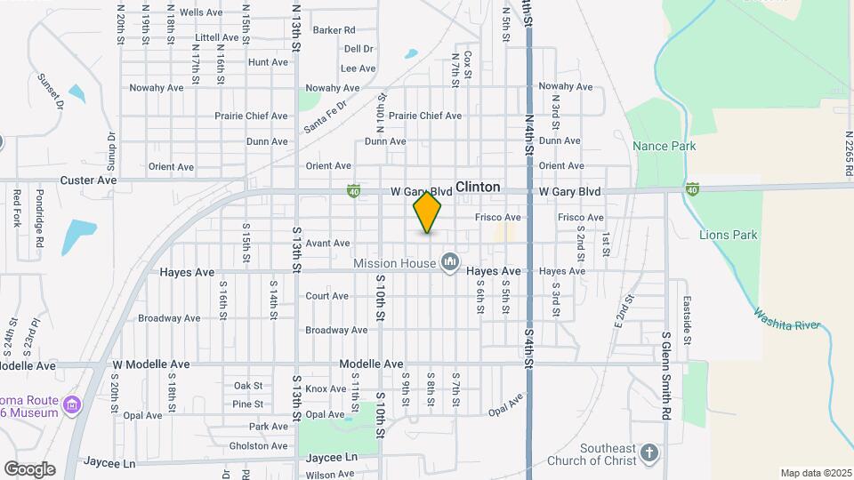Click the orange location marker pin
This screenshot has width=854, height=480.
tap(427, 212)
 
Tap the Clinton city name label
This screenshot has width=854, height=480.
tap(478, 188)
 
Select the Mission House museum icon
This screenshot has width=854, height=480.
tap(450, 262)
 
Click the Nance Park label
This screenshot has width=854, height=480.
tap(664, 146)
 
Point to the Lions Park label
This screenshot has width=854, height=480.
tap(728, 236)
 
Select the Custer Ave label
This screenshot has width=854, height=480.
tap(89, 180)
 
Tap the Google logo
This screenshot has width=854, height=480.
tap(29, 469)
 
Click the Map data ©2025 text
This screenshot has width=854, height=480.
tap(815, 473)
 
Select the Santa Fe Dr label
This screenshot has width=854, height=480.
tap(325, 115)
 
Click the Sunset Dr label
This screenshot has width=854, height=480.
tap(52, 92)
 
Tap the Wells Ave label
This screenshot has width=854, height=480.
tap(201, 12)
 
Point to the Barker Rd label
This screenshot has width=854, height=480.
tap(334, 30)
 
